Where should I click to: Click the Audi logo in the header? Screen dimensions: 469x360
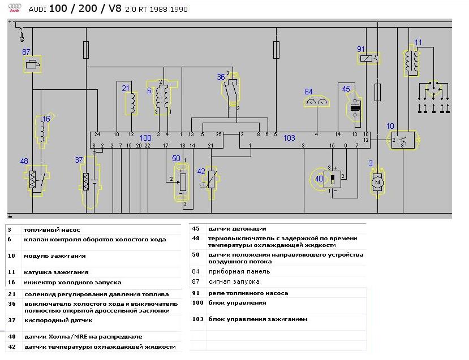pos(15,8)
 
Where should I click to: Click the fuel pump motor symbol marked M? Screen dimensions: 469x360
pos(377,182)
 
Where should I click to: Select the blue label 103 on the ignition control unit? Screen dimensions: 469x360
pos(289,138)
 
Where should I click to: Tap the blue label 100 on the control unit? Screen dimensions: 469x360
pos(145,138)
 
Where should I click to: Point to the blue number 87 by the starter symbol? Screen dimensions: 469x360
pos(26,52)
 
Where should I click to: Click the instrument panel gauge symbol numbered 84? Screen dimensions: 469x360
pos(317,102)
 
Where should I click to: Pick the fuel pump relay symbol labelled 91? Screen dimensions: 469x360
pos(368,58)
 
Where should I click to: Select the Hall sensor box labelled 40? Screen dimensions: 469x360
pos(332,179)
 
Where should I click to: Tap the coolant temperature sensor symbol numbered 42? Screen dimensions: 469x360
pos(211,181)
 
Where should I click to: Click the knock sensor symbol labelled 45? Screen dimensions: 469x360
pos(355,108)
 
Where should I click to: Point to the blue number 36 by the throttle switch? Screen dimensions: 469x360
pos(221,77)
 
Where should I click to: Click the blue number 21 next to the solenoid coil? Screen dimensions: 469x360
pos(126,88)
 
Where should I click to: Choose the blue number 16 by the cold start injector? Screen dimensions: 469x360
pos(46,119)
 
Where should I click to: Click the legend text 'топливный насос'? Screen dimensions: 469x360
pos(51,230)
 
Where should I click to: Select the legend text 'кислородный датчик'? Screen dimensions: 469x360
pos(59,320)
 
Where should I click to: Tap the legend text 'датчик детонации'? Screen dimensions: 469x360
pos(237,229)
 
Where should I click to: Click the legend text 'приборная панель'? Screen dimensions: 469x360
pos(239,271)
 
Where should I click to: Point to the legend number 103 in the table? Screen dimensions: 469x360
pos(197,319)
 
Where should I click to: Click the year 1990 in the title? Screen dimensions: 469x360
pos(179,9)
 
